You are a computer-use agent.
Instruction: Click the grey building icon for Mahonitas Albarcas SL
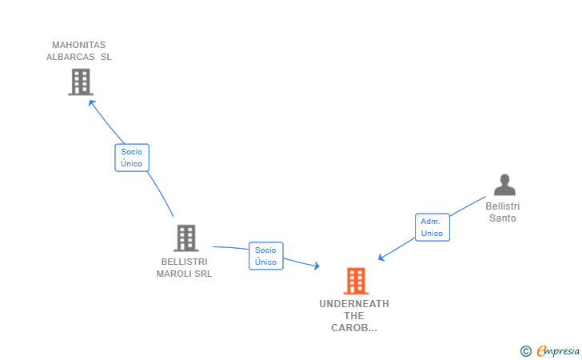[80, 82]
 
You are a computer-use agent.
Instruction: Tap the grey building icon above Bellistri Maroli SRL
[185, 238]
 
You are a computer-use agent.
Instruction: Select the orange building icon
[355, 281]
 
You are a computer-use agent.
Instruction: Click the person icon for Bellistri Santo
[504, 186]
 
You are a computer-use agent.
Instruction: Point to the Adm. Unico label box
[432, 227]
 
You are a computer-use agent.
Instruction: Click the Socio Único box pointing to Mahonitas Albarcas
[131, 158]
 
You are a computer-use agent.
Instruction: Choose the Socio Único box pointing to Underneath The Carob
[265, 256]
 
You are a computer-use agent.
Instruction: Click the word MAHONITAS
[78, 45]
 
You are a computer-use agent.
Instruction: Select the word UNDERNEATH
[354, 304]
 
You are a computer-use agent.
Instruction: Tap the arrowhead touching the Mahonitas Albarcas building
[90, 102]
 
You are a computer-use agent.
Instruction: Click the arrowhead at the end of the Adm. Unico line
[381, 258]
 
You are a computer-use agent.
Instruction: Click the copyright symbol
[525, 350]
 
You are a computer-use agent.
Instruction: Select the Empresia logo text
[558, 350]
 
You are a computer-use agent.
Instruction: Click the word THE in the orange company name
[354, 316]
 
